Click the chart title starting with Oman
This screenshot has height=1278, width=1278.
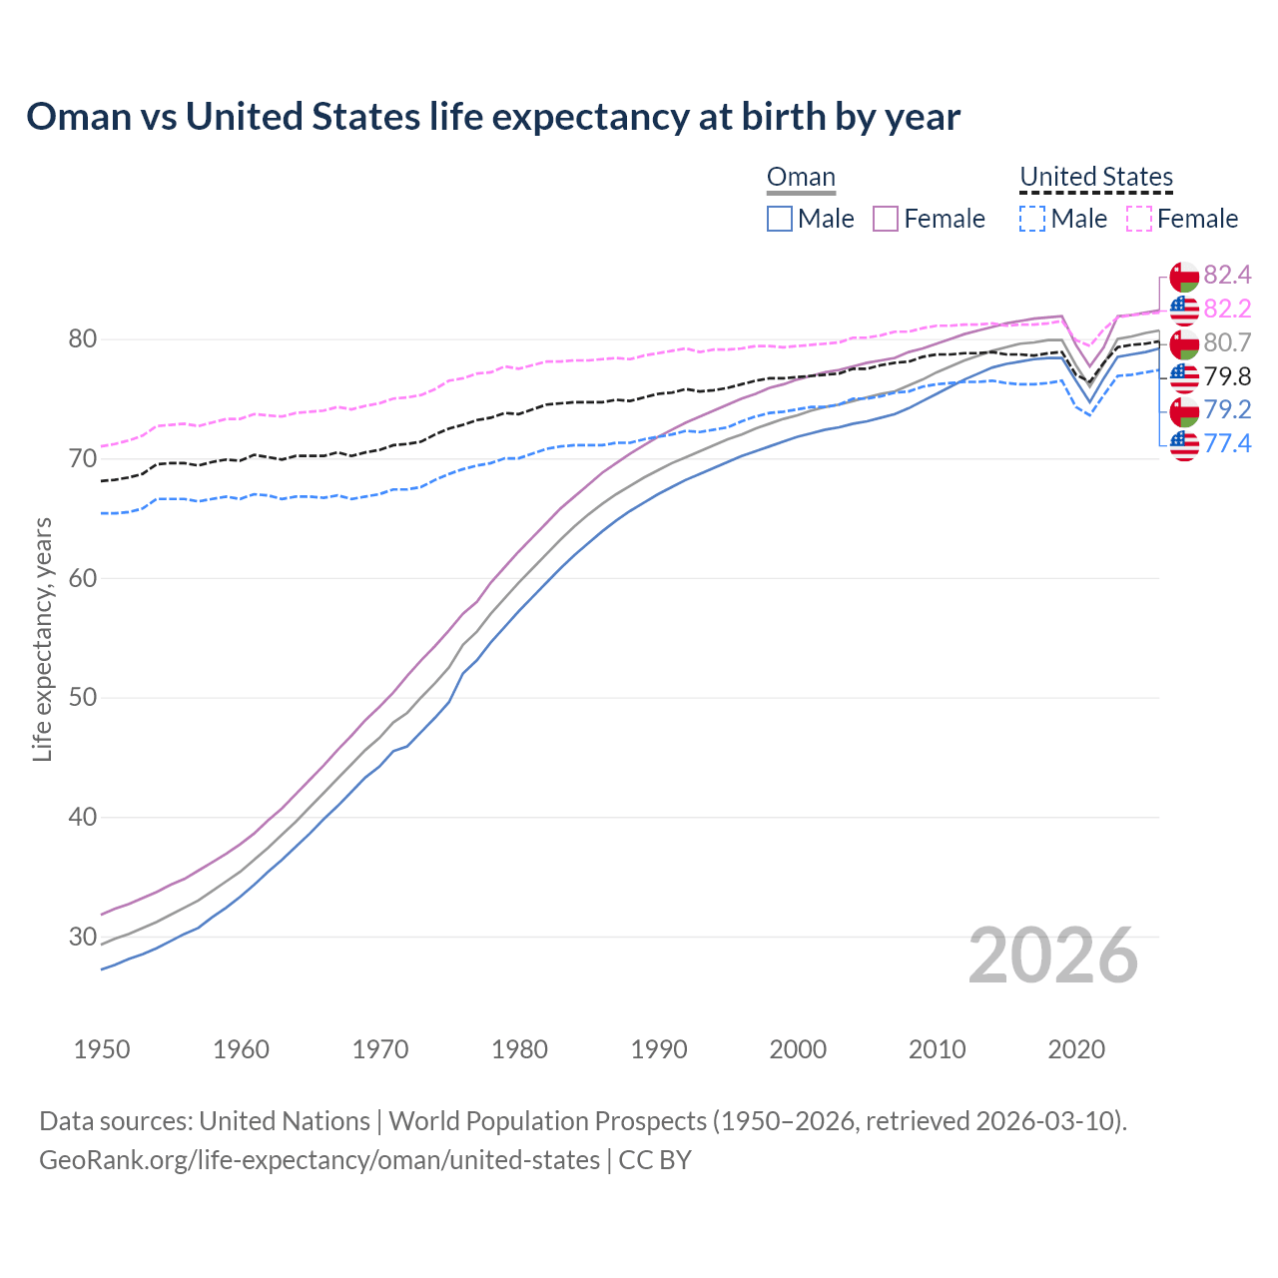493,117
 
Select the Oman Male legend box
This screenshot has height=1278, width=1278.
780,219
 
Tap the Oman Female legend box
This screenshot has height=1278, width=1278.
886,219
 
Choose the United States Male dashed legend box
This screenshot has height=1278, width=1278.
1032,219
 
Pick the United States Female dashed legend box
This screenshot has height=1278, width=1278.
1138,219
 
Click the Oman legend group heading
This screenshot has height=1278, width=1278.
801,178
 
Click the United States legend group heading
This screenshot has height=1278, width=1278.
1095,178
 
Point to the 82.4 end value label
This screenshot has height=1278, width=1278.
1227,275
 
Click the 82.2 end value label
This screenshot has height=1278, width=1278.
1227,309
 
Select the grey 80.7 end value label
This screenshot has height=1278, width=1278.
1227,342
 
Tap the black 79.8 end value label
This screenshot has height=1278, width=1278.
1227,376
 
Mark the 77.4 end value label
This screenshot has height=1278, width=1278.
1227,443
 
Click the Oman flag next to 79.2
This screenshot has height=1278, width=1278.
1184,410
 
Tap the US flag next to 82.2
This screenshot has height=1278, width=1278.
1184,310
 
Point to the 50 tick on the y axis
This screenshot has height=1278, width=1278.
82,697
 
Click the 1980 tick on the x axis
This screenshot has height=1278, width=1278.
519,1049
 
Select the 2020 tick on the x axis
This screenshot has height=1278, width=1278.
1076,1049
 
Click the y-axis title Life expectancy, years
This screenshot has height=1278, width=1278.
42,639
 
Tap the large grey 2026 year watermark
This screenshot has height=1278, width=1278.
1052,956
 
